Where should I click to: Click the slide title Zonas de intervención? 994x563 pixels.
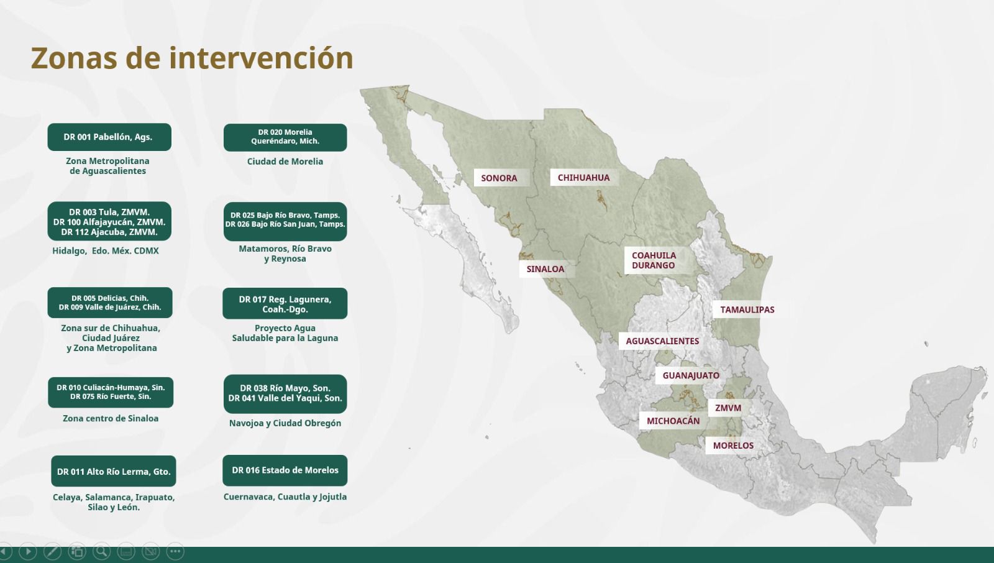coord(192,58)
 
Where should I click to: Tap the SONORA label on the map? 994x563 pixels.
coord(499,178)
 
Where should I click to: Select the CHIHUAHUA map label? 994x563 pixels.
coord(583,178)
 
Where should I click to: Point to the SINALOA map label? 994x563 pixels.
coord(545,269)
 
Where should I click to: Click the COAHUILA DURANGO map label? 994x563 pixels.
coord(654,260)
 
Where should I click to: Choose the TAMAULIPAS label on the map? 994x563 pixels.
coord(747,309)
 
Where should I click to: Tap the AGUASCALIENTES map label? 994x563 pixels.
coord(662,341)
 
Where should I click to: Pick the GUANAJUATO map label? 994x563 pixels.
coord(690,375)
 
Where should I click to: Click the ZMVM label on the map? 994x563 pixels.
coord(727,408)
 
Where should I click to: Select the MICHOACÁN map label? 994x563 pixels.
coord(673,421)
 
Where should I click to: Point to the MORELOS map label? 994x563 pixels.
coord(733,446)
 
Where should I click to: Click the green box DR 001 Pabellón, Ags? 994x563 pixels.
coord(109,137)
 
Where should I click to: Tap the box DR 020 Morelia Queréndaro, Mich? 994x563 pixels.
coord(285,137)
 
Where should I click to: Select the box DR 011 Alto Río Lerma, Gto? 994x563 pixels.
coord(114,472)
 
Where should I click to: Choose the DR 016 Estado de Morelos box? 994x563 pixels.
coord(285,470)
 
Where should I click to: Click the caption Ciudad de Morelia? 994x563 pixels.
coord(285,162)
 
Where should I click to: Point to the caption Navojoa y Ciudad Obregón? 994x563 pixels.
coord(285,423)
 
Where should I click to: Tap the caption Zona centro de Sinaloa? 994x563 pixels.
coord(111,419)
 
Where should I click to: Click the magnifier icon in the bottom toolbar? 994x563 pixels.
coord(101,551)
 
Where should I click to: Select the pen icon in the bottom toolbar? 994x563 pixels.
coord(52,551)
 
